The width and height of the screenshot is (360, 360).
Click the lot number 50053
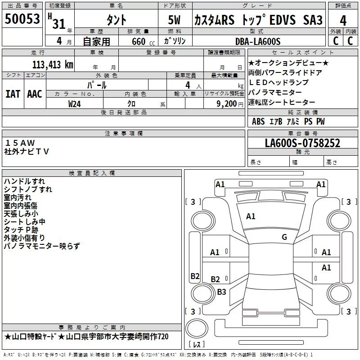coord(22,19)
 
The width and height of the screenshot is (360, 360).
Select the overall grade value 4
coord(343,21)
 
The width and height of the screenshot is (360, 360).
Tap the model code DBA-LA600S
coord(258,41)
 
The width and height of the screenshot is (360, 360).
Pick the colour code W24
coord(74,103)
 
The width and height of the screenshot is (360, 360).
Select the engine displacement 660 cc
coord(137,41)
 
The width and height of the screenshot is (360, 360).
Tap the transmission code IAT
coord(13,94)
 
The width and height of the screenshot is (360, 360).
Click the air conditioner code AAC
coord(35,94)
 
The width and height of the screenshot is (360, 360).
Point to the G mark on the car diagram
coord(284,237)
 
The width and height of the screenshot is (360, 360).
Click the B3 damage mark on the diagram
coord(221,292)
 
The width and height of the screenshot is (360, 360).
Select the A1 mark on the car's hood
coord(251,216)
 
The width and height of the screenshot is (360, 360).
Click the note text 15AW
coord(20,143)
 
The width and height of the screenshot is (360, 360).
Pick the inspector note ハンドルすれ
coord(24,181)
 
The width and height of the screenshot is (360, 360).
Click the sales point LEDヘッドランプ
coord(279,82)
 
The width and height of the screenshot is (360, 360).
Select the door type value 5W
coord(175,21)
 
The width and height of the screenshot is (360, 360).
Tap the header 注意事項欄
coord(123,134)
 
